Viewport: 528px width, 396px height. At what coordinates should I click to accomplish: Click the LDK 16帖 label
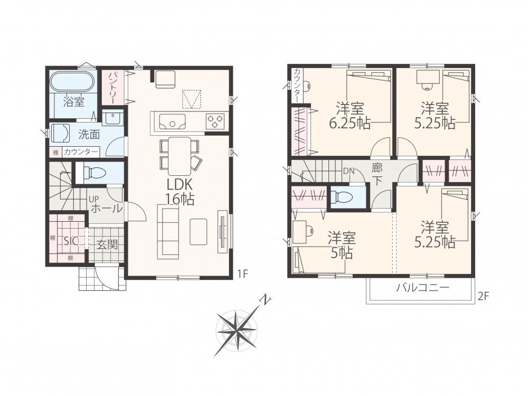pos(180,192)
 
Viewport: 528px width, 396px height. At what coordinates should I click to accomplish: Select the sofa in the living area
pos(168,233)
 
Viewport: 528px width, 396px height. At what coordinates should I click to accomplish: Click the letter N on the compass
pos(266,300)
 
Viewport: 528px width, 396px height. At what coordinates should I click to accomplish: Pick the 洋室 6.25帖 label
pos(350,116)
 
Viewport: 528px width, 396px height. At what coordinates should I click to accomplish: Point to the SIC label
pos(71,241)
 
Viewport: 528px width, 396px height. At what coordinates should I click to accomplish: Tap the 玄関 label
pos(107,245)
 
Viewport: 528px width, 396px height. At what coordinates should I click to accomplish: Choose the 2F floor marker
pos(483,296)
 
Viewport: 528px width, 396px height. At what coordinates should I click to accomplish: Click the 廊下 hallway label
pos(378,174)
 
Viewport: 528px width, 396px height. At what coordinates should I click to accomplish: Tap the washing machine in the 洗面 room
pos(61,134)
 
